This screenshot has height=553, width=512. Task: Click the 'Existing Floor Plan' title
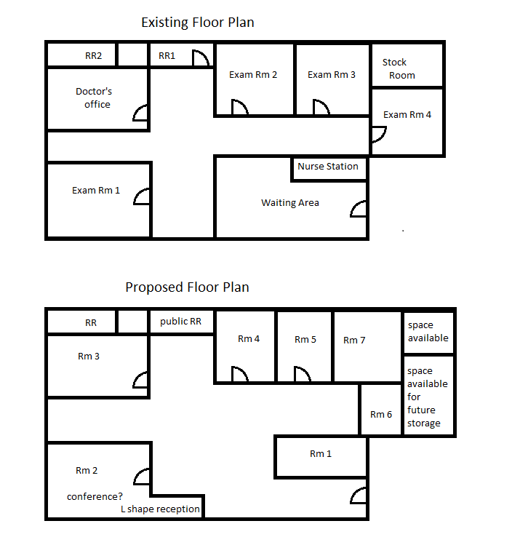[x=198, y=23]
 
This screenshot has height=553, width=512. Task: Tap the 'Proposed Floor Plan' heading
[x=187, y=287]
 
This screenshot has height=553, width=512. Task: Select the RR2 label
[x=93, y=56]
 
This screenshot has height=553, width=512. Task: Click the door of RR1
[x=201, y=58]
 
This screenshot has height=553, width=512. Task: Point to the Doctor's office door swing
[x=140, y=113]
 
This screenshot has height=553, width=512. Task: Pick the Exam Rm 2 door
[x=240, y=107]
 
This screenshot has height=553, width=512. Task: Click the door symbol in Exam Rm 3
[x=321, y=107]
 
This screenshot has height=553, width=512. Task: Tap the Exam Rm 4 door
[x=379, y=135]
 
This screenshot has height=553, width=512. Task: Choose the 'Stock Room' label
[x=399, y=69]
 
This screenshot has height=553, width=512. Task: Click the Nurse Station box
[x=329, y=169]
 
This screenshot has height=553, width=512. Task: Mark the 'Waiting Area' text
[x=290, y=203]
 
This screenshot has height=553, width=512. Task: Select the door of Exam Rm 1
[x=141, y=196]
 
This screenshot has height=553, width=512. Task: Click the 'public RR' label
[x=180, y=322]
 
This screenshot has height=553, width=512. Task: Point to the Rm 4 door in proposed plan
[x=240, y=374]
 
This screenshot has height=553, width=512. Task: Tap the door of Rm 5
[x=303, y=374]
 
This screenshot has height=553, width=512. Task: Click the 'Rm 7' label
[x=354, y=341]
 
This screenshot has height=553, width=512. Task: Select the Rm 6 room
[x=381, y=410]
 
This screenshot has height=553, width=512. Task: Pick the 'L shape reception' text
[x=160, y=509]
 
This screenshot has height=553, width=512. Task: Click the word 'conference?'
[x=95, y=496]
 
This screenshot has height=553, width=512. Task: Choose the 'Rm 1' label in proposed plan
[x=321, y=454]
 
